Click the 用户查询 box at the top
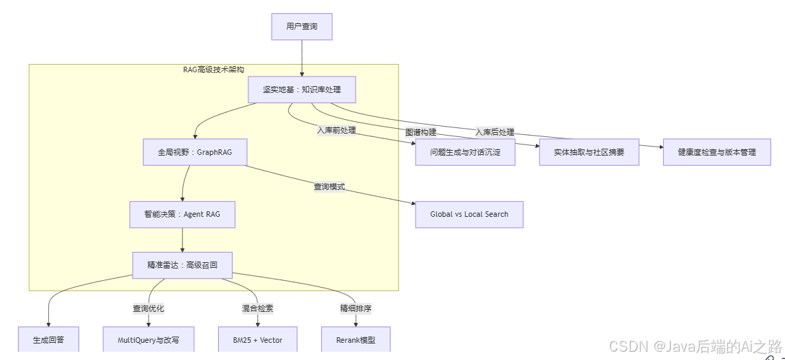click(301, 27)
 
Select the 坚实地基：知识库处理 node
click(301, 89)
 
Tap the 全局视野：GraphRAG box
click(195, 152)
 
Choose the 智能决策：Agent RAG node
click(182, 214)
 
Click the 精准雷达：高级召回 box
click(182, 265)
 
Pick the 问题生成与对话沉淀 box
click(465, 152)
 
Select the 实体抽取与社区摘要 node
click(589, 152)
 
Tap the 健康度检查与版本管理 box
click(716, 152)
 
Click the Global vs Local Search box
click(469, 214)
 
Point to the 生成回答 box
click(48, 340)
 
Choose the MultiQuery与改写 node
click(149, 340)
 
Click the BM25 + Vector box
click(258, 340)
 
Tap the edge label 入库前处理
click(336, 130)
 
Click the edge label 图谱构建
click(420, 132)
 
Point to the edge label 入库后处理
click(495, 132)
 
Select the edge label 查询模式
click(330, 187)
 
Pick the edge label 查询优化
click(149, 308)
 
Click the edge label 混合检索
click(258, 308)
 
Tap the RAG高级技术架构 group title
click(213, 70)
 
